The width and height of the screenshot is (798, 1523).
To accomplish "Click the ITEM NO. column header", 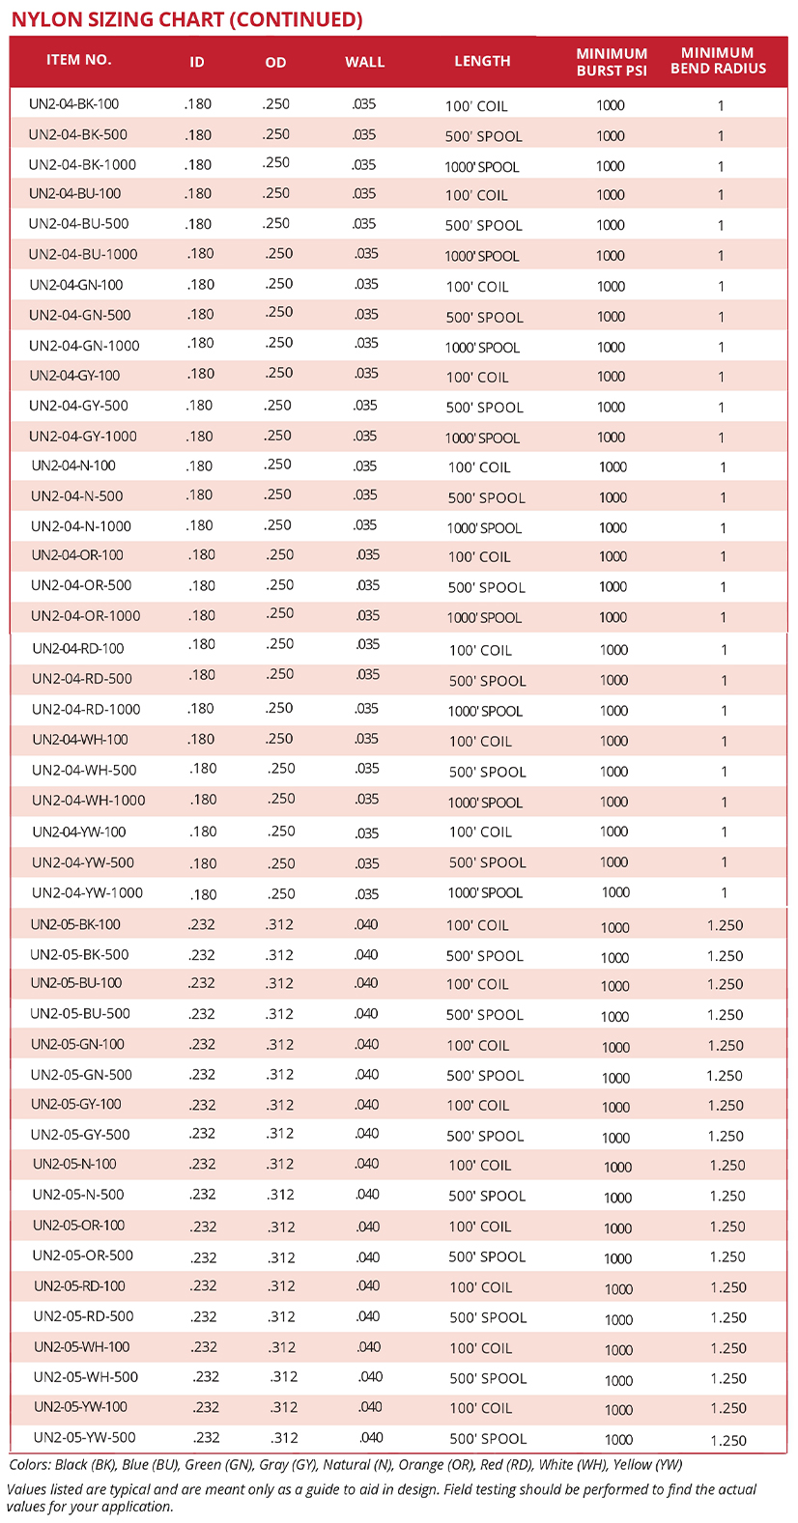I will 79,60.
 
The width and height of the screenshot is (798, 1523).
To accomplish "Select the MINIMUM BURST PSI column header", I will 612,62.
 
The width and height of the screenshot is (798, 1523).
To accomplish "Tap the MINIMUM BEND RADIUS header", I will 718,60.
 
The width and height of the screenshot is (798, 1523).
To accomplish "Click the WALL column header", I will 365,62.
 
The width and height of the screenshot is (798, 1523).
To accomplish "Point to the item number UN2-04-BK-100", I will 74,104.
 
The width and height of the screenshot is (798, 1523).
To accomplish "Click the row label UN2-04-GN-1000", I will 84,346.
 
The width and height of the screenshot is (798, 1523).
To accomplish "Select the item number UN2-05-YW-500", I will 85,1437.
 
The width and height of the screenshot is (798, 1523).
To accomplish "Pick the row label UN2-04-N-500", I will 77,496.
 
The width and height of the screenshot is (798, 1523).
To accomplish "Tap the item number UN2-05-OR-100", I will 79,1226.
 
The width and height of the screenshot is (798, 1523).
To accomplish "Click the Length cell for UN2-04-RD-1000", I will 485,711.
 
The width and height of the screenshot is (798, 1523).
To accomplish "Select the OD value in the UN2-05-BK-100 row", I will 279,924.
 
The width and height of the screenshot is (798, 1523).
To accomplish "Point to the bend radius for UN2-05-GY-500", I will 725,1136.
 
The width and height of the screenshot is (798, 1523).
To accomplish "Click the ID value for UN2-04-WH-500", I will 203,770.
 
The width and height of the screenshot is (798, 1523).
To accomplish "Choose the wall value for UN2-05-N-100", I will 367,1164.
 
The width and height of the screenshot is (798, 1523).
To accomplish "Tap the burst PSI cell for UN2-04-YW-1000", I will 615,892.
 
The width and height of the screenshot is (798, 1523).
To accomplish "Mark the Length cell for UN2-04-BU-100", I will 476,195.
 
